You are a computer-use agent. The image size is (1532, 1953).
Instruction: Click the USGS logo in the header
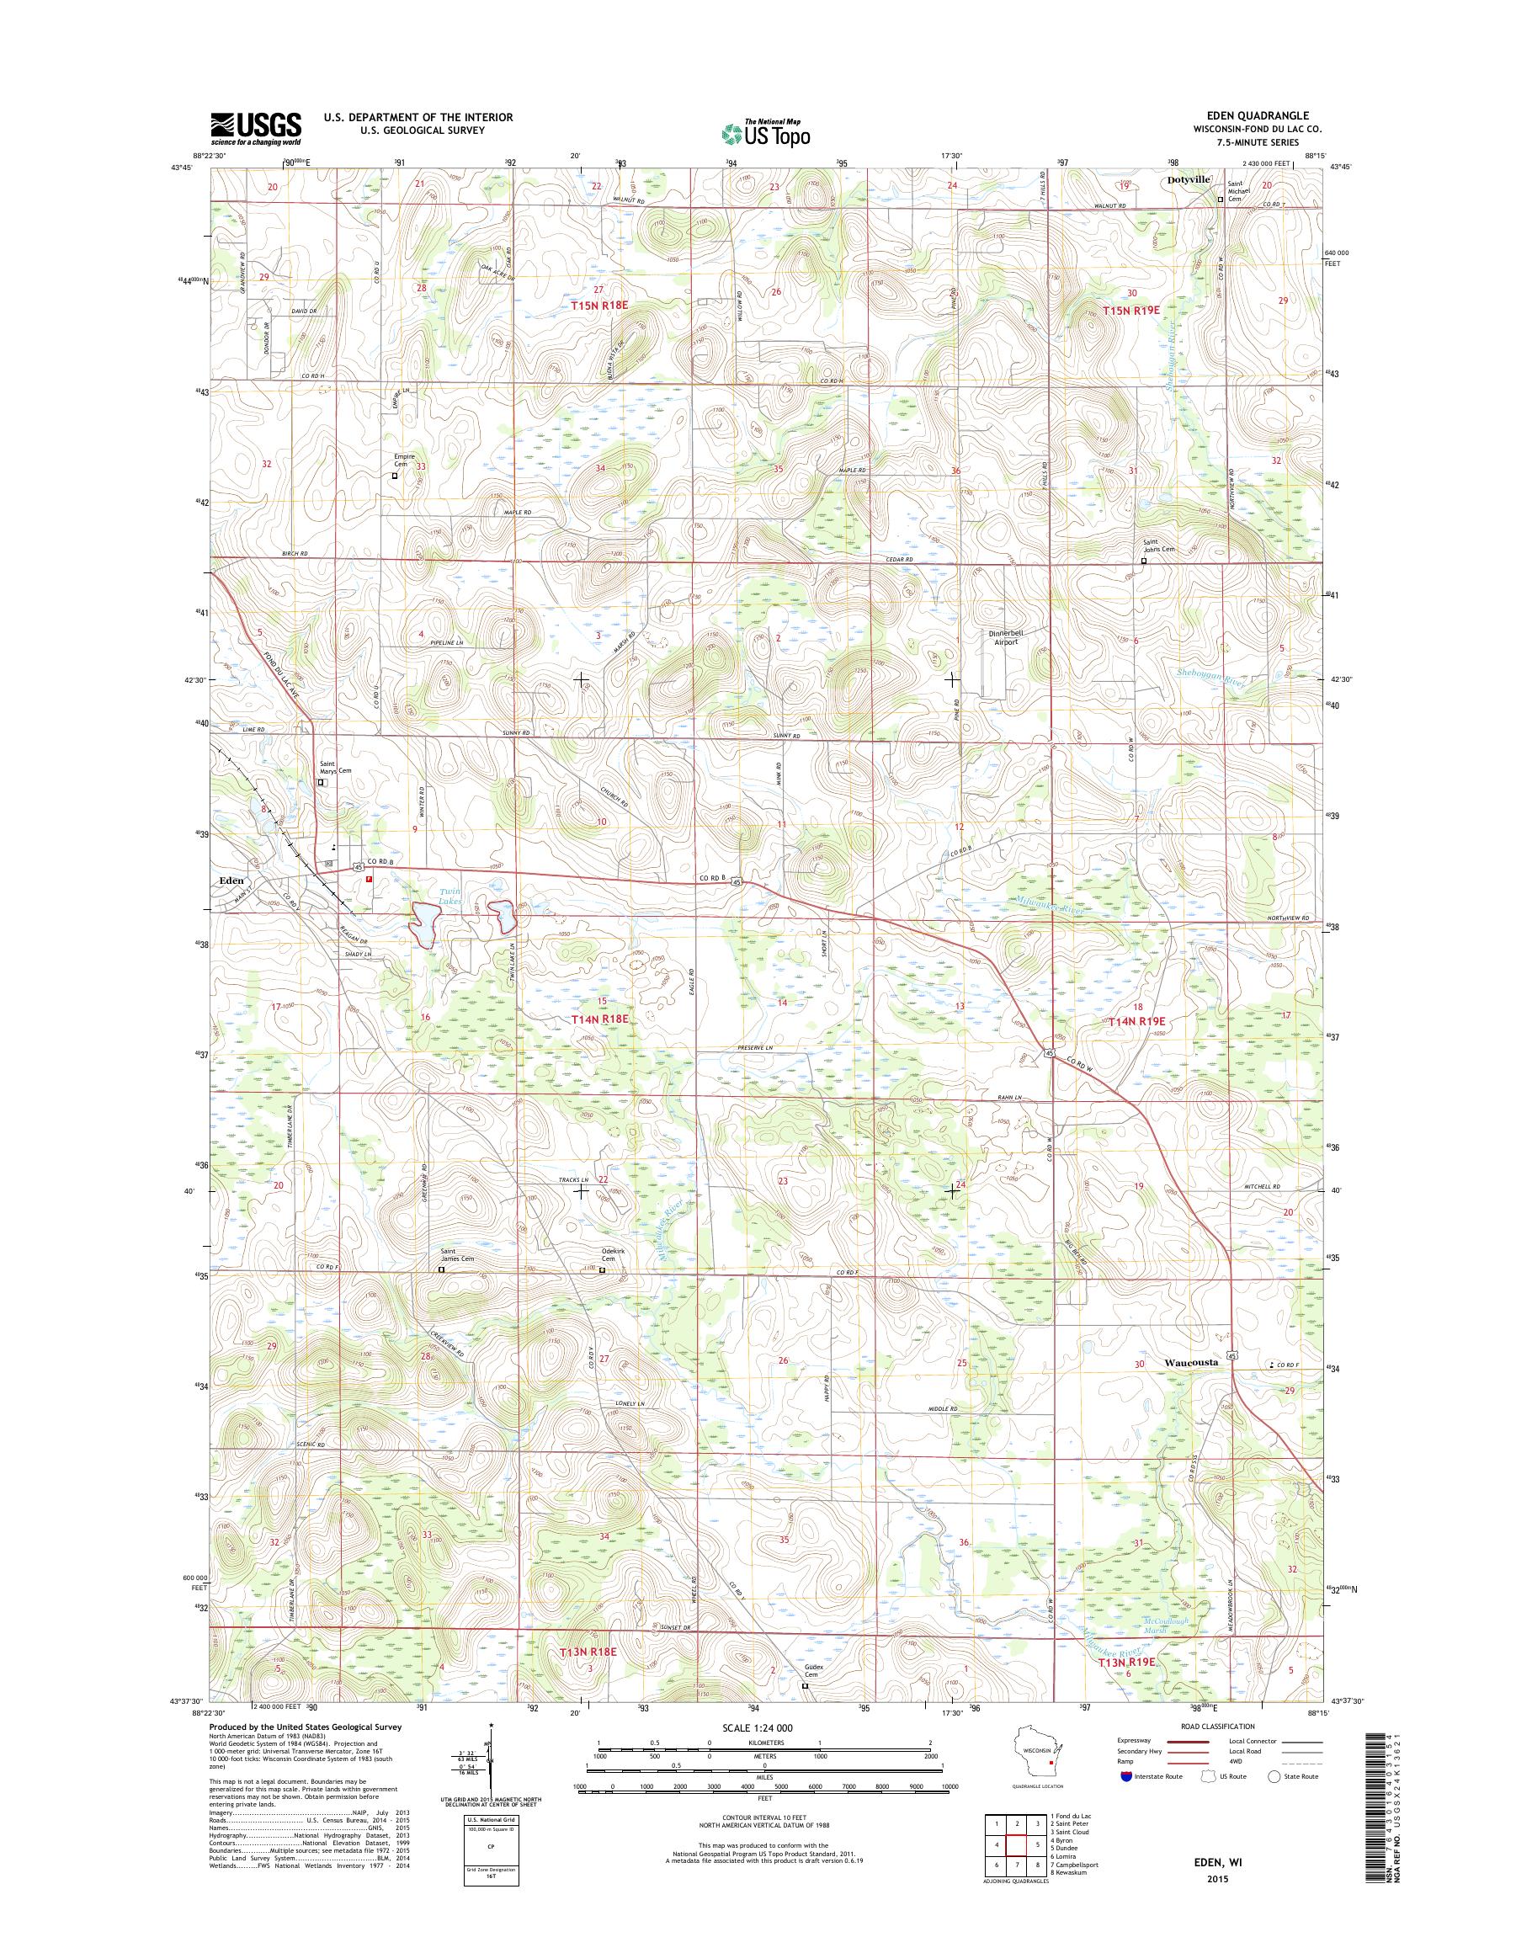256,128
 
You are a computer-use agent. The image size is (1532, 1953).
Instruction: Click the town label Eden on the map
231,881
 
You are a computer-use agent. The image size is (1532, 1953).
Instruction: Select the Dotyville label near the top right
1189,179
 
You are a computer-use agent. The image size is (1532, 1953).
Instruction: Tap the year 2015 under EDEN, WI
1217,1876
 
